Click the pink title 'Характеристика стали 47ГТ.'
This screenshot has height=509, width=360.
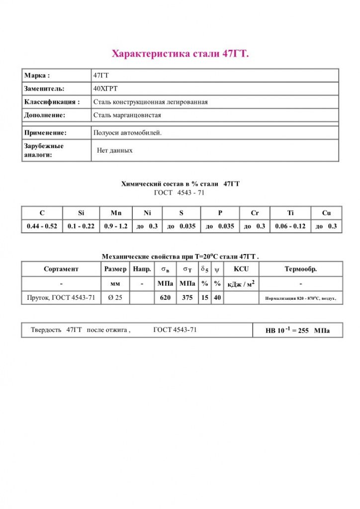click(180, 54)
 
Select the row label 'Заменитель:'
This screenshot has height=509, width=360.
click(44, 88)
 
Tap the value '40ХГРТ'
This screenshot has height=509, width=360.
click(105, 88)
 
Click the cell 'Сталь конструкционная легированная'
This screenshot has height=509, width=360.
click(150, 102)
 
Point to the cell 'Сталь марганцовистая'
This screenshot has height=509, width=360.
click(127, 115)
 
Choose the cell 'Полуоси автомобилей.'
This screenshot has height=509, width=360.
click(127, 133)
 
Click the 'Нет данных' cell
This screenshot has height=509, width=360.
click(115, 150)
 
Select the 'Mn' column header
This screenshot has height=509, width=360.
click(116, 213)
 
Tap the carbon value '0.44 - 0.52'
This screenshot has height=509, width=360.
click(42, 226)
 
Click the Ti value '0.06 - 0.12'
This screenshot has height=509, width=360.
click(290, 226)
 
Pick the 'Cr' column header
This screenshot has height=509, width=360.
click(255, 213)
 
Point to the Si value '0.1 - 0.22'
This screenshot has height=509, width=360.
click(81, 226)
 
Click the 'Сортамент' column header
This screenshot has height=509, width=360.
click(61, 269)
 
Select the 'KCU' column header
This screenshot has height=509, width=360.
click(241, 269)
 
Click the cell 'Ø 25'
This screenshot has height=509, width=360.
click(115, 298)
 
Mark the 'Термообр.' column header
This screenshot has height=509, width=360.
click(301, 269)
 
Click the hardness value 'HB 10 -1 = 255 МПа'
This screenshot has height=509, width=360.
click(297, 331)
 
